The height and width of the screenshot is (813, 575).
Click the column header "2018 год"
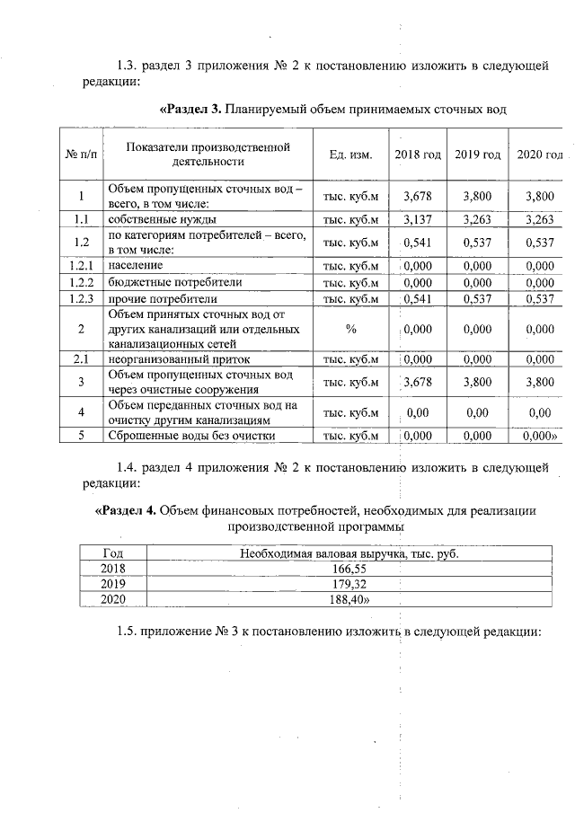tap(418, 155)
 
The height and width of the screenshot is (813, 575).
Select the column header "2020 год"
tap(539, 155)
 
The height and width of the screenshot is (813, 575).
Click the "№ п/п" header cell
tap(81, 155)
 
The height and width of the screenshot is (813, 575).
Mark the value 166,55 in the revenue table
tap(349, 569)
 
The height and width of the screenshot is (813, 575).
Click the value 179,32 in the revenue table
tap(349, 584)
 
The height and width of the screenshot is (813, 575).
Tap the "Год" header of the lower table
tap(113, 553)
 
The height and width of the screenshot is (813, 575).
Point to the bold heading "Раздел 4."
tap(127, 510)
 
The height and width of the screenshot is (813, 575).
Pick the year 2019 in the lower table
tap(113, 584)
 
